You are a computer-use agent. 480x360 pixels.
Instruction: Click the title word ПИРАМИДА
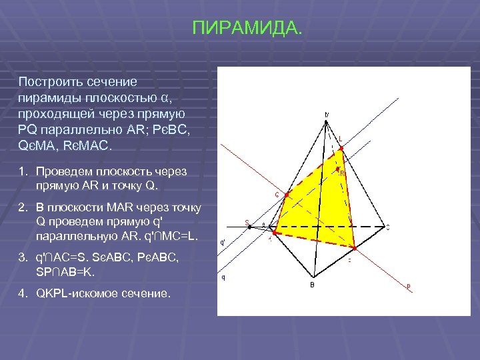click(247, 29)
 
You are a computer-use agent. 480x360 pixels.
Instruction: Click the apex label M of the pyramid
click(326, 114)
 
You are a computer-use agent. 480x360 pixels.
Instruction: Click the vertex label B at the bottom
click(311, 285)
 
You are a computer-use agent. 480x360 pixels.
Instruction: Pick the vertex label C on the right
click(388, 227)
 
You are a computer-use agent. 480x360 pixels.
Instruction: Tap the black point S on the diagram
click(249, 227)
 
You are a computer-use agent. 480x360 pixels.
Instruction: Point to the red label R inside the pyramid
click(342, 173)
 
